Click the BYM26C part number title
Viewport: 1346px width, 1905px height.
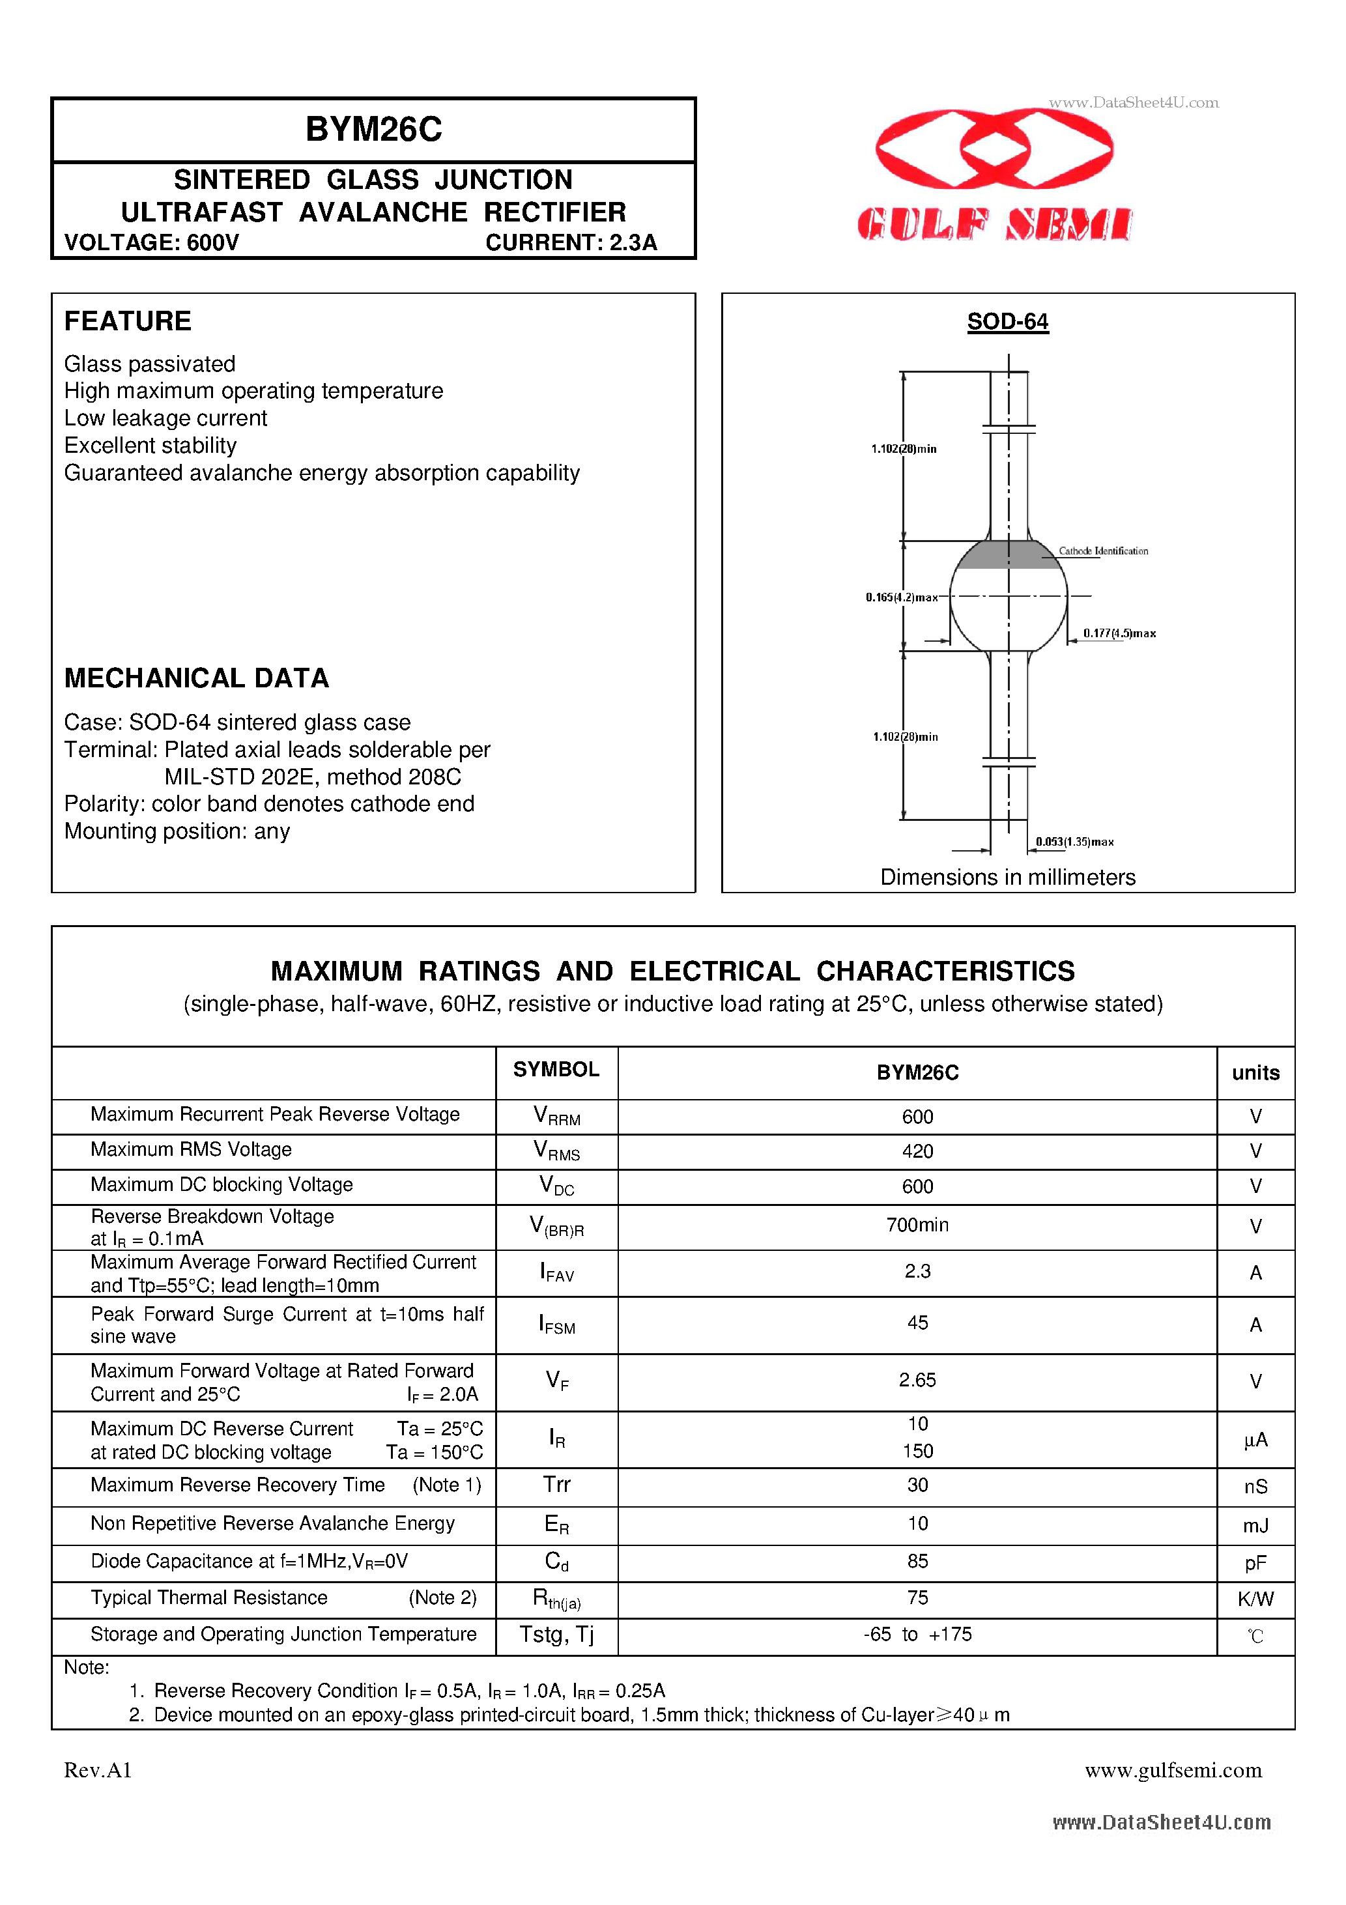pos(373,130)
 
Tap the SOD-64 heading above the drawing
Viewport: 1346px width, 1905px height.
pos(1007,322)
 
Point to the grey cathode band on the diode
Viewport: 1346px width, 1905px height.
pos(1007,555)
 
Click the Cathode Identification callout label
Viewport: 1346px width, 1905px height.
pos(1103,551)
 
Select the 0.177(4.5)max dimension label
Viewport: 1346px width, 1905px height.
pos(1119,634)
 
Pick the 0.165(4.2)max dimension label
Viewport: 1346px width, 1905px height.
pos(901,597)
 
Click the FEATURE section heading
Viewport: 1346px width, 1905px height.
pos(128,321)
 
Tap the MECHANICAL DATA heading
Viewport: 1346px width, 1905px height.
pos(197,678)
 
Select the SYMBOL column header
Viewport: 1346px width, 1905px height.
pos(556,1070)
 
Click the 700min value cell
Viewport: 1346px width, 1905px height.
pos(917,1225)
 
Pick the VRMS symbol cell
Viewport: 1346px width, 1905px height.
pos(557,1150)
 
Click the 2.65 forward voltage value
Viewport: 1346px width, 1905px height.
pos(917,1380)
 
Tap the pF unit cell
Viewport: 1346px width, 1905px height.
pos(1255,1563)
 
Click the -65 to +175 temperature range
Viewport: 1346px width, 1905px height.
pos(917,1634)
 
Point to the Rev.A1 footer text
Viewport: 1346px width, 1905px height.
pos(98,1771)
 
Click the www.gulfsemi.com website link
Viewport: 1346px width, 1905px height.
pos(1173,1771)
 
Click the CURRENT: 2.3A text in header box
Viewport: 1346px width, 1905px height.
pos(571,242)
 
